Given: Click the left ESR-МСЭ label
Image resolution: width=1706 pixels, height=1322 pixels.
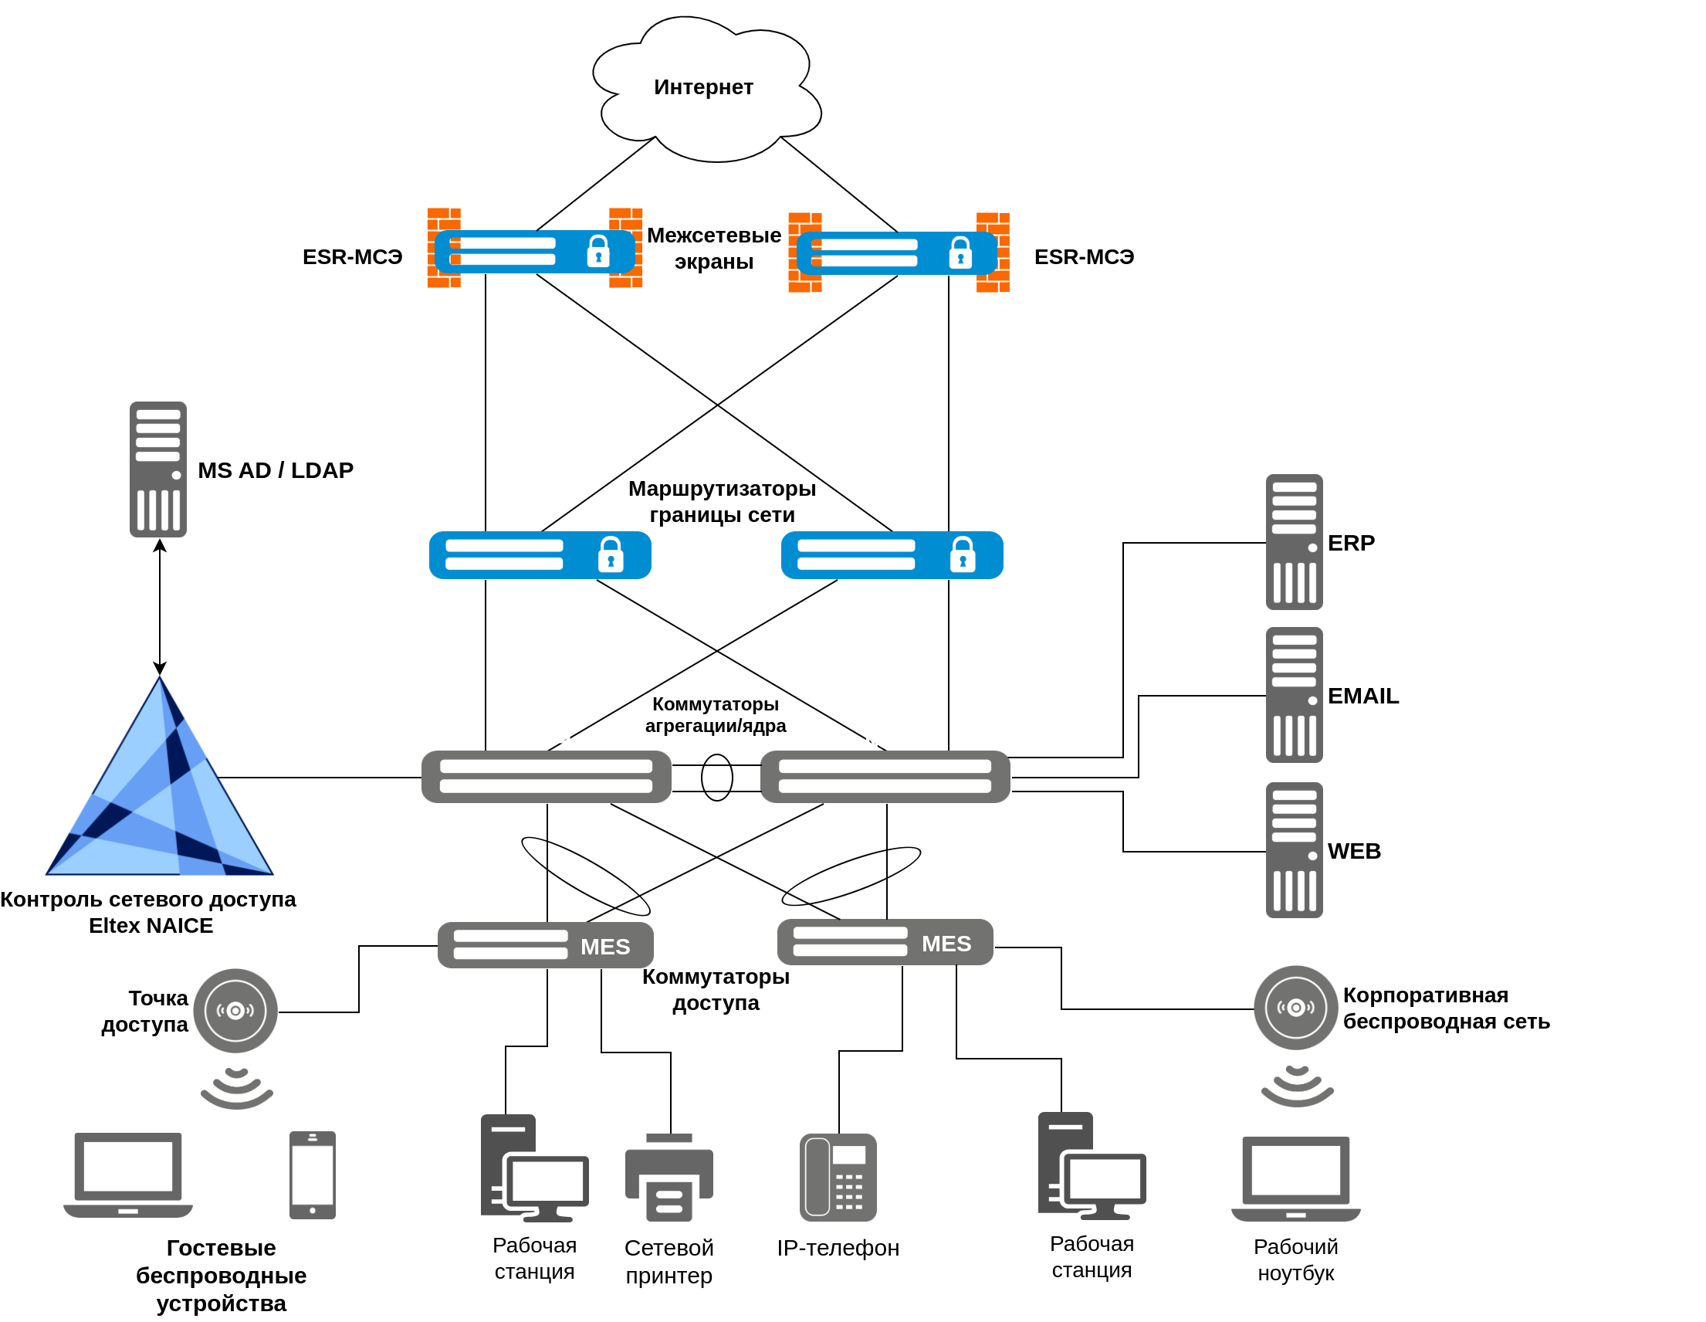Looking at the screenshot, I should [353, 258].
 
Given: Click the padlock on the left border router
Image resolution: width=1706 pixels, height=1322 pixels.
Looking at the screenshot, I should [611, 555].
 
